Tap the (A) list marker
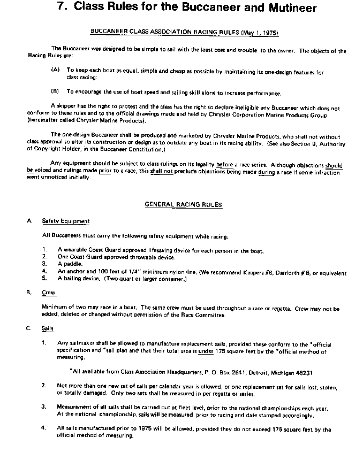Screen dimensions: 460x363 (55, 70)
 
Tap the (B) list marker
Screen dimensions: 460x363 (55, 92)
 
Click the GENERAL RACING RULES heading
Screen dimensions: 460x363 (184, 204)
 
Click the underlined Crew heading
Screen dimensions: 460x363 (49, 293)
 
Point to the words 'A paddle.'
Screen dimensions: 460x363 (70, 264)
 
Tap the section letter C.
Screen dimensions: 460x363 (29, 328)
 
